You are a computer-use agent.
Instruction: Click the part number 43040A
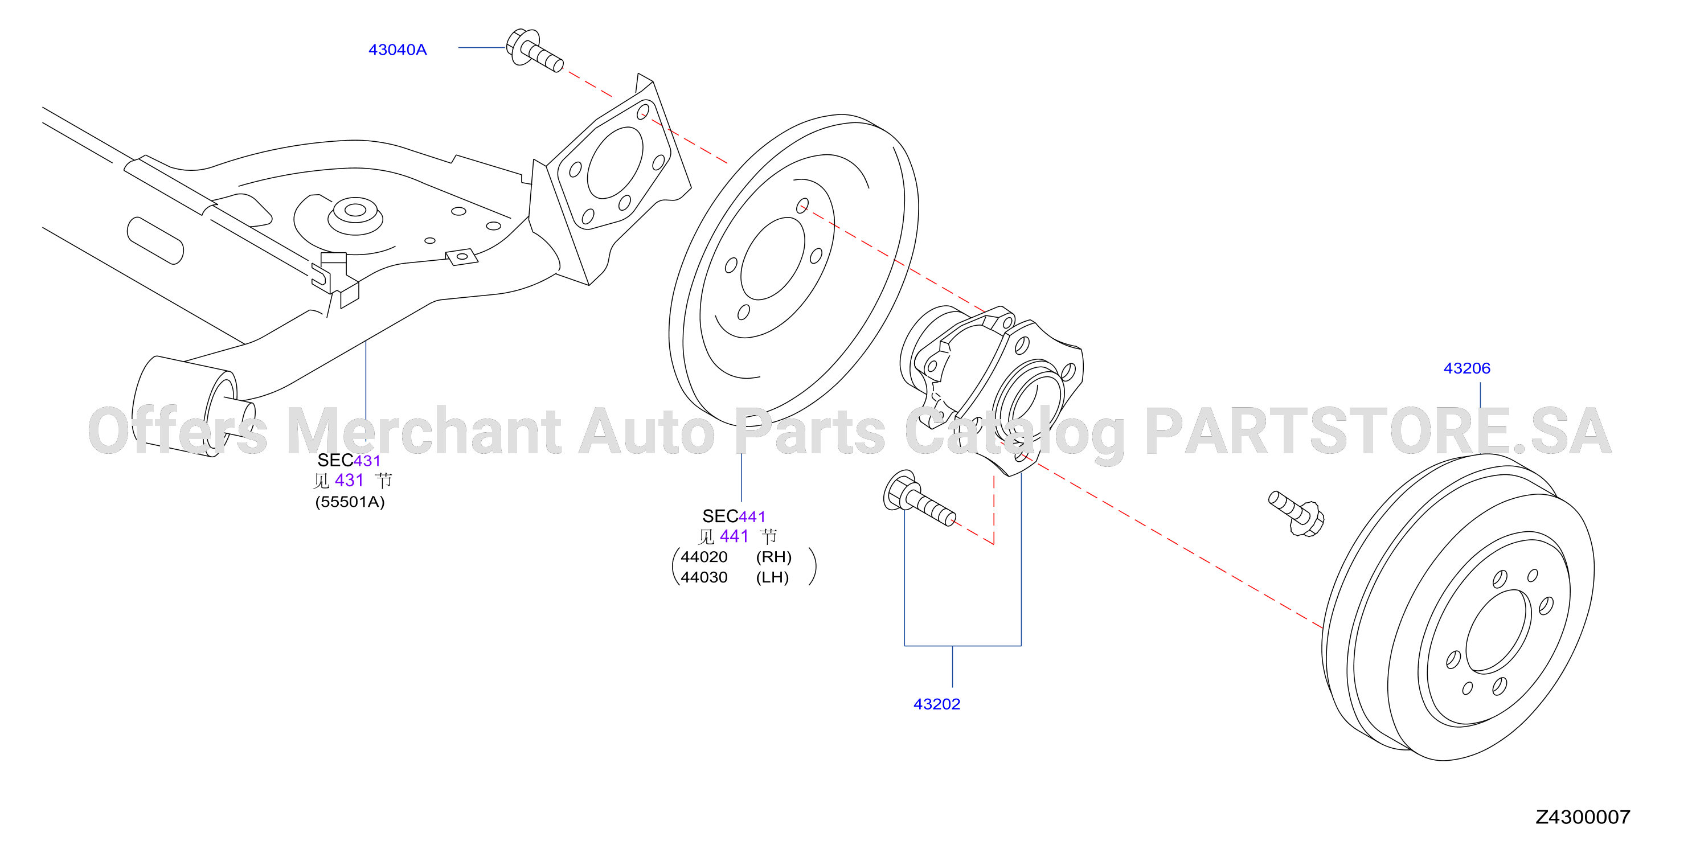(397, 50)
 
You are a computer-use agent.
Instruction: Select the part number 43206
(1467, 368)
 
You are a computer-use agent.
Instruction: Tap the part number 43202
(937, 704)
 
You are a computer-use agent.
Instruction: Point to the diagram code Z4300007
(1583, 817)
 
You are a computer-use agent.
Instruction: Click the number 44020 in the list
(704, 557)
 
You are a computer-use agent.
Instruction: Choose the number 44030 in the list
(704, 578)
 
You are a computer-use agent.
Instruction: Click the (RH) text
(773, 557)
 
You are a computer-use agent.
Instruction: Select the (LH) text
(772, 578)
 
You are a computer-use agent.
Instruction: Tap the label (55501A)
(350, 502)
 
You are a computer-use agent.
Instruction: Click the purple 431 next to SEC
(367, 461)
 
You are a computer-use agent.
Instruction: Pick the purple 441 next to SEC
(752, 516)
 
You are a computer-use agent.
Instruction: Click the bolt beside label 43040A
(534, 50)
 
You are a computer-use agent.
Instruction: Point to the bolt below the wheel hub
(919, 498)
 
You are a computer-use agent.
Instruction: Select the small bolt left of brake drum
(1296, 513)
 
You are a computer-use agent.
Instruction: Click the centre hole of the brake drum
(1498, 631)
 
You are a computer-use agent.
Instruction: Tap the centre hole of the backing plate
(773, 259)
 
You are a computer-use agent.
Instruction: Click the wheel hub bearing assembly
(992, 388)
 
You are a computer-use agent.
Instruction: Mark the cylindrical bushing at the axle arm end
(194, 406)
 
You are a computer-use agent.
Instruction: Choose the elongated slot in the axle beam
(155, 241)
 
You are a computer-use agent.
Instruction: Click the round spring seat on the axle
(355, 215)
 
